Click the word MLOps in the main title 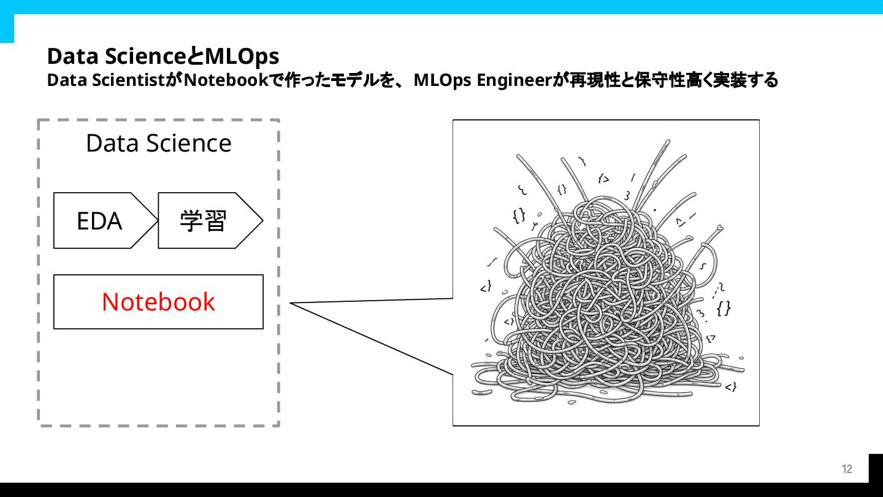(242, 56)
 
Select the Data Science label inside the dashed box (159, 144)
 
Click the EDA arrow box (100, 221)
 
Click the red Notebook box (158, 302)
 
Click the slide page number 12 (847, 469)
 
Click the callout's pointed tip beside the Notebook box (291, 303)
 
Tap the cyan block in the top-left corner (7, 28)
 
